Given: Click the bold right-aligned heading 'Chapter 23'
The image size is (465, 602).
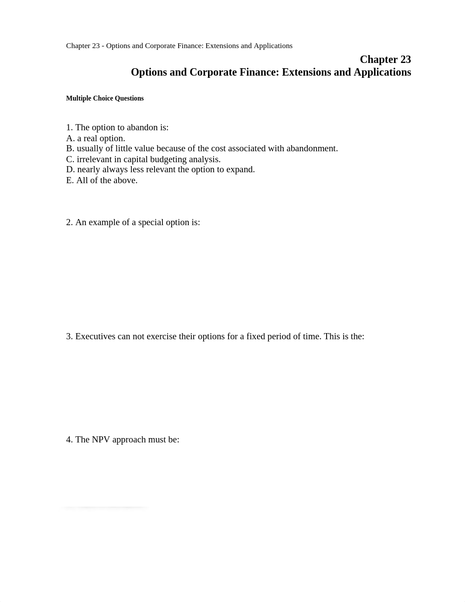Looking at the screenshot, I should tap(385, 59).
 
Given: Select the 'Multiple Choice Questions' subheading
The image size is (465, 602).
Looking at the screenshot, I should tap(105, 98).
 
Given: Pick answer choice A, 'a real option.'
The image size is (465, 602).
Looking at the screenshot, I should tap(95, 138).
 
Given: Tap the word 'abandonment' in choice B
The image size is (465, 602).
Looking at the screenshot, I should tap(311, 149).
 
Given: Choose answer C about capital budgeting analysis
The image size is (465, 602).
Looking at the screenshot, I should tap(143, 159).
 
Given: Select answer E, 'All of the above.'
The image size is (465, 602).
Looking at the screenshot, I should tap(102, 180).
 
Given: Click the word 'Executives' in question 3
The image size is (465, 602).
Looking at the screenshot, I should tap(95, 337).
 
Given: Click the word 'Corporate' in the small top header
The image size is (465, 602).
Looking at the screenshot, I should tap(162, 46).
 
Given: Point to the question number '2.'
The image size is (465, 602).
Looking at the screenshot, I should tap(70, 223).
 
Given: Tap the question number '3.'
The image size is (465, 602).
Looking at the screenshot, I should tap(70, 337).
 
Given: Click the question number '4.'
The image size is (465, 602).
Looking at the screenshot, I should tap(70, 440).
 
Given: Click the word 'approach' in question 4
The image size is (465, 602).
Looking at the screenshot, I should tap(129, 440).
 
